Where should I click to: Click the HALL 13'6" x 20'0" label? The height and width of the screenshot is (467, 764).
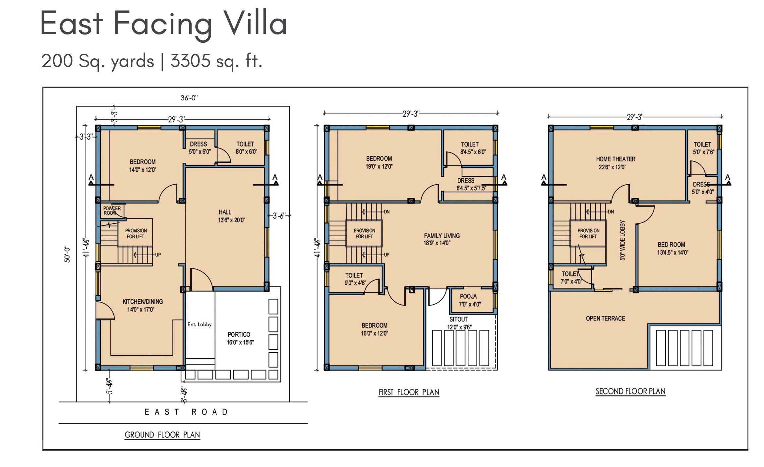click(x=231, y=216)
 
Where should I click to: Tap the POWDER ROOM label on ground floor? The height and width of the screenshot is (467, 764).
click(x=112, y=210)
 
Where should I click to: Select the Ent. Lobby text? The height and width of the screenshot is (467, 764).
click(x=199, y=324)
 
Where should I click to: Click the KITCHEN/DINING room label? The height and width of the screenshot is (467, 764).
click(x=142, y=305)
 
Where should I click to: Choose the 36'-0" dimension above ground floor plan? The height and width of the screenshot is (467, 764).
click(x=189, y=98)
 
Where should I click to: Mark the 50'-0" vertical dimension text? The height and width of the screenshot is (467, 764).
click(x=67, y=254)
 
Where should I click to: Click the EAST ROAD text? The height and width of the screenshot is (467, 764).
click(x=186, y=412)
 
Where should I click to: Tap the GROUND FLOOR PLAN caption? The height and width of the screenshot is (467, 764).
click(x=162, y=435)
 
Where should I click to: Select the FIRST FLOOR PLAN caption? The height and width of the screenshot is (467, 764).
click(x=409, y=392)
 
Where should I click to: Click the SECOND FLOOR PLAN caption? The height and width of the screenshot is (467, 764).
click(x=630, y=391)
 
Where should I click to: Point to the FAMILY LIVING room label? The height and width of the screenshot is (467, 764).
click(x=441, y=239)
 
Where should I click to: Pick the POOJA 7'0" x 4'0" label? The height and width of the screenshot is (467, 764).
click(x=469, y=300)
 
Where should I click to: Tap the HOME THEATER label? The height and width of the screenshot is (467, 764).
click(x=615, y=163)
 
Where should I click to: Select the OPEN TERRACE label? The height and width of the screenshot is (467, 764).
click(x=605, y=319)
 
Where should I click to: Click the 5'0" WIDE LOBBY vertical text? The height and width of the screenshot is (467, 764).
click(x=622, y=240)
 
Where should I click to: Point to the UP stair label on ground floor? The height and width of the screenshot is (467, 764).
click(x=158, y=255)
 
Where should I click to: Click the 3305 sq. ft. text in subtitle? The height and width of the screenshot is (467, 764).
click(x=216, y=61)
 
